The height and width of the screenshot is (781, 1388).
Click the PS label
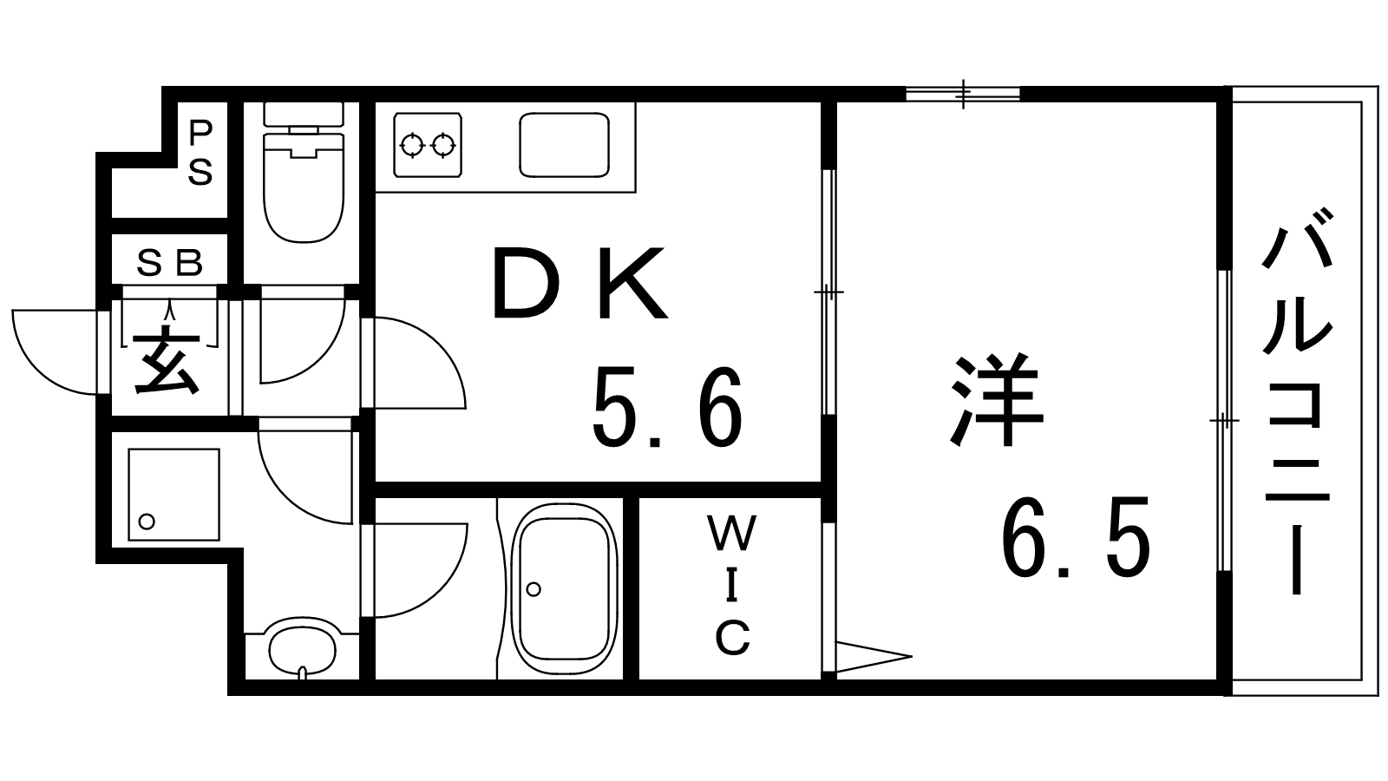pos(200,154)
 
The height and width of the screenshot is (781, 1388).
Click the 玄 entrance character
pos(167,362)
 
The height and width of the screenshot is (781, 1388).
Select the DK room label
pos(579,284)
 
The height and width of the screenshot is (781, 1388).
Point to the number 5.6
pos(666,406)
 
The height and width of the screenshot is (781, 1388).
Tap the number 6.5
pos(1076,538)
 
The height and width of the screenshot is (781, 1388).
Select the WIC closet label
pos(732,586)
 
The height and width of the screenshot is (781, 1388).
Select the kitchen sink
pos(563,144)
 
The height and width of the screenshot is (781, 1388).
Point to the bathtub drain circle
pos(534,589)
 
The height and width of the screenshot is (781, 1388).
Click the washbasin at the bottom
pos(301,646)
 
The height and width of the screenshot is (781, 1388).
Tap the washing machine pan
pos(173,494)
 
